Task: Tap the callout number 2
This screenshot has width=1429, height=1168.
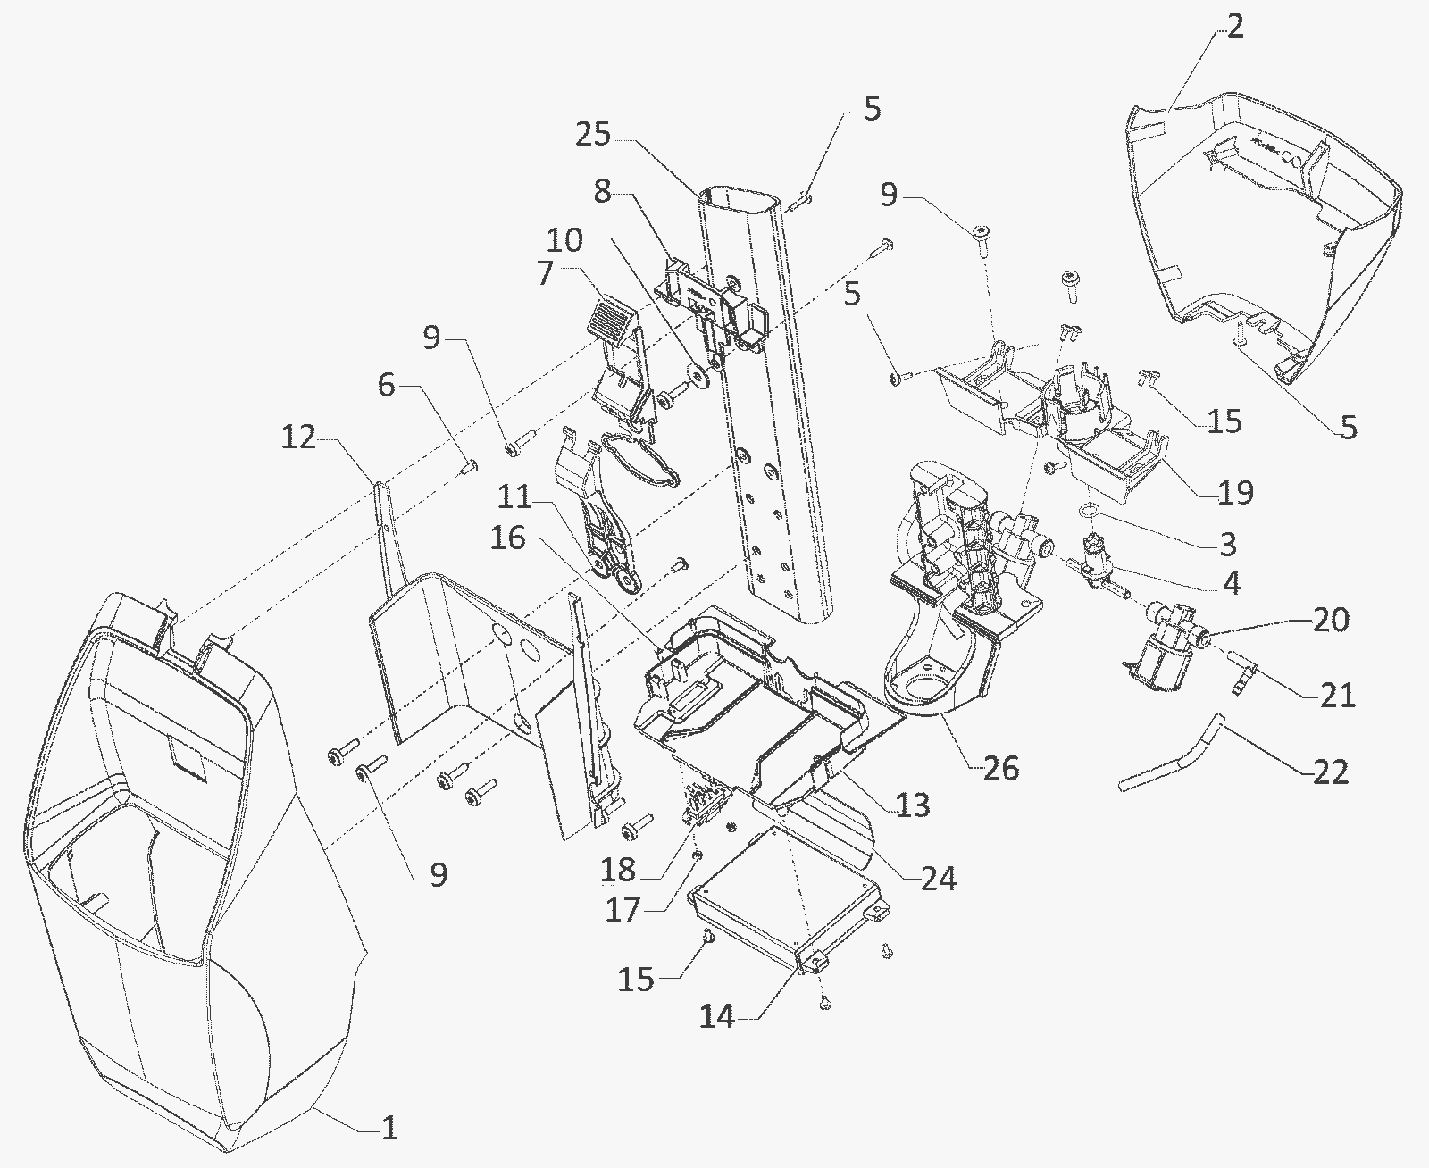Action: [x=1234, y=27]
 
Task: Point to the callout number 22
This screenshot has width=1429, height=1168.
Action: [x=1331, y=772]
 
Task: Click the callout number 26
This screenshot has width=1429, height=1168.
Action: [x=1001, y=769]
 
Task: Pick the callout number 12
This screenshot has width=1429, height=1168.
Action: [x=299, y=438]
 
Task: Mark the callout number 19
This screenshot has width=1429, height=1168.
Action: [x=1235, y=493]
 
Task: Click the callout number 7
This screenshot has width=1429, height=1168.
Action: [x=546, y=274]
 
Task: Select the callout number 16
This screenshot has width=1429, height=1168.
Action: [x=508, y=538]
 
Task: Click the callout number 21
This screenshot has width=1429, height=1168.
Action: [x=1338, y=696]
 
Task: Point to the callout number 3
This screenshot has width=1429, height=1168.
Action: [x=1228, y=544]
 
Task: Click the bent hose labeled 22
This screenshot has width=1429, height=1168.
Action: [x=1169, y=754]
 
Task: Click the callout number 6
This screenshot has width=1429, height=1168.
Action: [x=386, y=386]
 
